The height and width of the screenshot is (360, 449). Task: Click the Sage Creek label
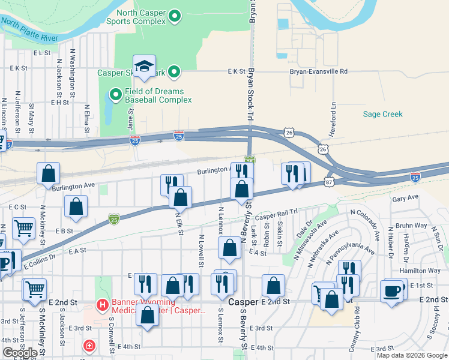(383, 114)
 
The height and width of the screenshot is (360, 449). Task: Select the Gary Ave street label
(405, 197)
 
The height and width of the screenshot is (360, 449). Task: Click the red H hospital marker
(103, 305)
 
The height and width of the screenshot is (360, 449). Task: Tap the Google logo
(19, 353)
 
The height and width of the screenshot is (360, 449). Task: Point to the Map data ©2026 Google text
(411, 355)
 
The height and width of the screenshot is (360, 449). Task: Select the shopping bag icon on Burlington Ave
(49, 174)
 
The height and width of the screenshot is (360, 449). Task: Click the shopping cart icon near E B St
(23, 228)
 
